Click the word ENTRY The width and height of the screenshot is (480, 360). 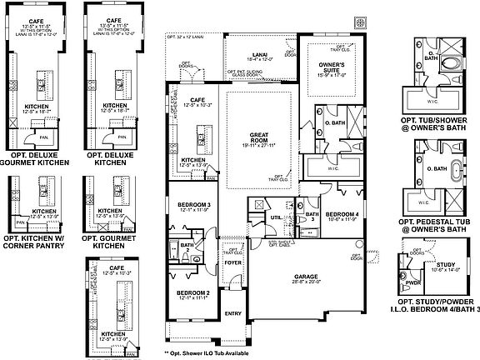point(234,312)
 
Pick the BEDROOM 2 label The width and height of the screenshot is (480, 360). point(192,294)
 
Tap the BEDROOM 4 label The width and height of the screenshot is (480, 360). point(342,214)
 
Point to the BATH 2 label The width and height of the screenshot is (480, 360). point(187,245)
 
